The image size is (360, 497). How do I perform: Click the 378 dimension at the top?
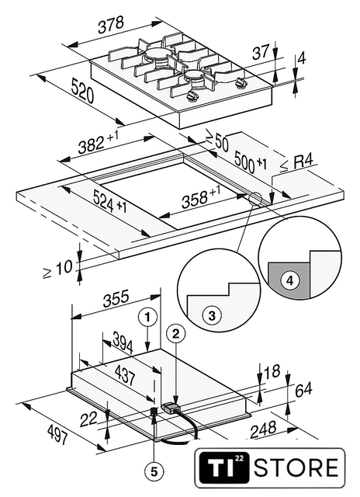coord(110,25)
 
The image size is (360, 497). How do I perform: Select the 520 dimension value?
coord(82,91)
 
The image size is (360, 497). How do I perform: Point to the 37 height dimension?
coord(261,52)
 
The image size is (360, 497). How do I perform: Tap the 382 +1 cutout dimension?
coord(99,143)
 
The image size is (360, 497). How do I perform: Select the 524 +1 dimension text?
coord(109,203)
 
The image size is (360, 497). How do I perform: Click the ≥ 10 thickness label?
coord(58,269)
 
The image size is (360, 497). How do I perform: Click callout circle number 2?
coord(176,333)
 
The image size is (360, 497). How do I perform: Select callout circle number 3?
coord(212,316)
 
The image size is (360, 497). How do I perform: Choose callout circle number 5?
coord(154,472)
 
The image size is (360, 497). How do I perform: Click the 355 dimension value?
coord(116,298)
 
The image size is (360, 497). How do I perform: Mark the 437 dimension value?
coord(124,374)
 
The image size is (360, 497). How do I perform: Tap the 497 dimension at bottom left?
coord(57,435)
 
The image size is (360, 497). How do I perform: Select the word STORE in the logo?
coord(296,468)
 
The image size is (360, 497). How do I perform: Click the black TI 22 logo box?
coord(224,467)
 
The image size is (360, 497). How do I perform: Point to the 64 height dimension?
coord(303,390)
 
